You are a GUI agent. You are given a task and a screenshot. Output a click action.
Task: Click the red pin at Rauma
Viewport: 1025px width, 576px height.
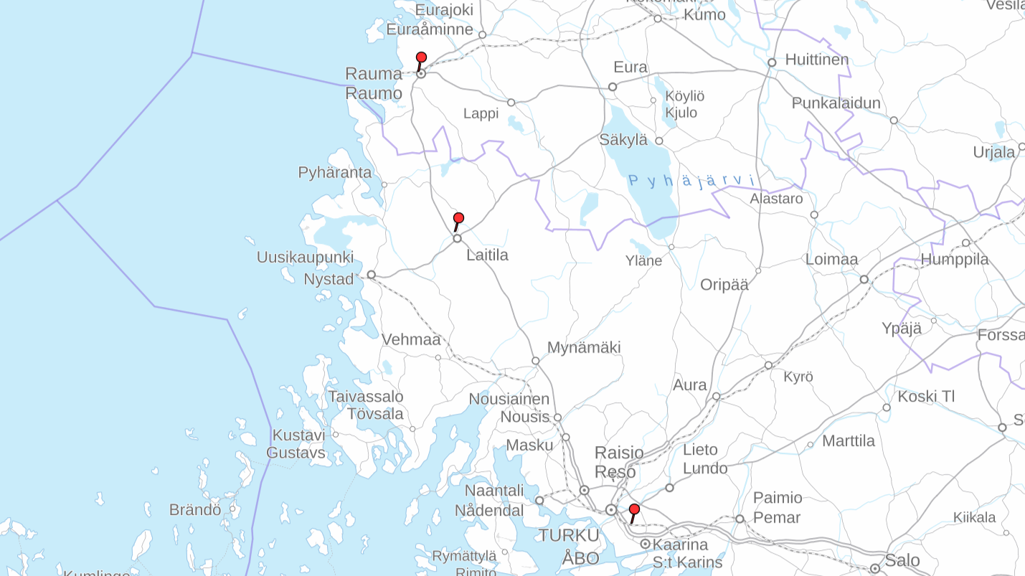[x=421, y=58]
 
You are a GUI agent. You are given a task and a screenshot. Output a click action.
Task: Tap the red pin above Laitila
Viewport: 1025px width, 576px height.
[x=458, y=219]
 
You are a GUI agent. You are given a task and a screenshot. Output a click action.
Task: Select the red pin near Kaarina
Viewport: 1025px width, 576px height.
[x=634, y=510]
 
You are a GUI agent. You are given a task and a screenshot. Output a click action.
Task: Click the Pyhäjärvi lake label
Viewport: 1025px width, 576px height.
[x=691, y=181]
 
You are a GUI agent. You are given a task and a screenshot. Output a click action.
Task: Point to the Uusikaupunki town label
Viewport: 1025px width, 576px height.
[x=305, y=257]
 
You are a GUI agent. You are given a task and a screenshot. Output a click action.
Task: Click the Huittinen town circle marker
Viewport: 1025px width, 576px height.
[x=772, y=62]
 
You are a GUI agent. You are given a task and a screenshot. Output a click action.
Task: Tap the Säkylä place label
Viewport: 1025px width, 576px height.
[x=623, y=140]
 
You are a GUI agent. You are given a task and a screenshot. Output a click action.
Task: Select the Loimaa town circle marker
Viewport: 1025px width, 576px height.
[x=864, y=279]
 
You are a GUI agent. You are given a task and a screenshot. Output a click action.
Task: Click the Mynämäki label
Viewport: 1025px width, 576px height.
[x=584, y=347]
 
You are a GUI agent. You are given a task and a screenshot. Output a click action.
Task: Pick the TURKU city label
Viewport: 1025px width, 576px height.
[x=569, y=535]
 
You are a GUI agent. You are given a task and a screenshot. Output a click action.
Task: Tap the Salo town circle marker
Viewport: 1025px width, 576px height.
[x=874, y=569]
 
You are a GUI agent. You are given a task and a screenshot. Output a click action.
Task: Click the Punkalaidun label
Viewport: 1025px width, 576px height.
[x=836, y=103]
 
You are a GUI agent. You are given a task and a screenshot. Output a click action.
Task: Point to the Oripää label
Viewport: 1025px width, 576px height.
[x=724, y=285]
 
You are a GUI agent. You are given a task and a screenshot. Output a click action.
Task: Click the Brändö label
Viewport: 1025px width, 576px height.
[x=195, y=510]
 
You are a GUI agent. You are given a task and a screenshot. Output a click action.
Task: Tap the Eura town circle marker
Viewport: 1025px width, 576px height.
[x=613, y=87]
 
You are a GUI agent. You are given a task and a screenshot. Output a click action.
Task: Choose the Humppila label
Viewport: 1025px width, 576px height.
[x=955, y=259]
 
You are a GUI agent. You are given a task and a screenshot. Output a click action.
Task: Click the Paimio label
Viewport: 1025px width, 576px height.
[x=778, y=498]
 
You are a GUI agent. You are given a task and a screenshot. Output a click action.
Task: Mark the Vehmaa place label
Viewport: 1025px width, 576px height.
[x=411, y=339]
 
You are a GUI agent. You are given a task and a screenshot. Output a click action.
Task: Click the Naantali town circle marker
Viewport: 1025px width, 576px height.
[x=539, y=501]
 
